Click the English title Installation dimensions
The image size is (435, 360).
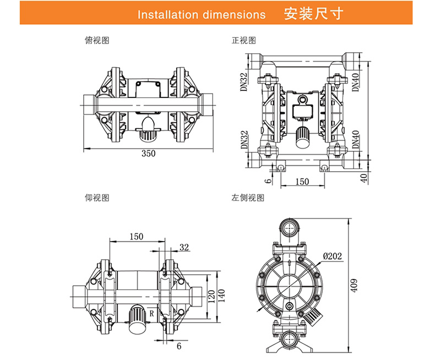click(201, 14)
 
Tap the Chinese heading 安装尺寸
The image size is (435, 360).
click(314, 14)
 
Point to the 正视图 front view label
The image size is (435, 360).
click(244, 41)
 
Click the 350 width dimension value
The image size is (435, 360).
click(149, 154)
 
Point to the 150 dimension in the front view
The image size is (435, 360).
click(302, 182)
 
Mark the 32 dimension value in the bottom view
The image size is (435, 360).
click(184, 247)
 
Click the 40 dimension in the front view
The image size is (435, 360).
click(363, 177)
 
